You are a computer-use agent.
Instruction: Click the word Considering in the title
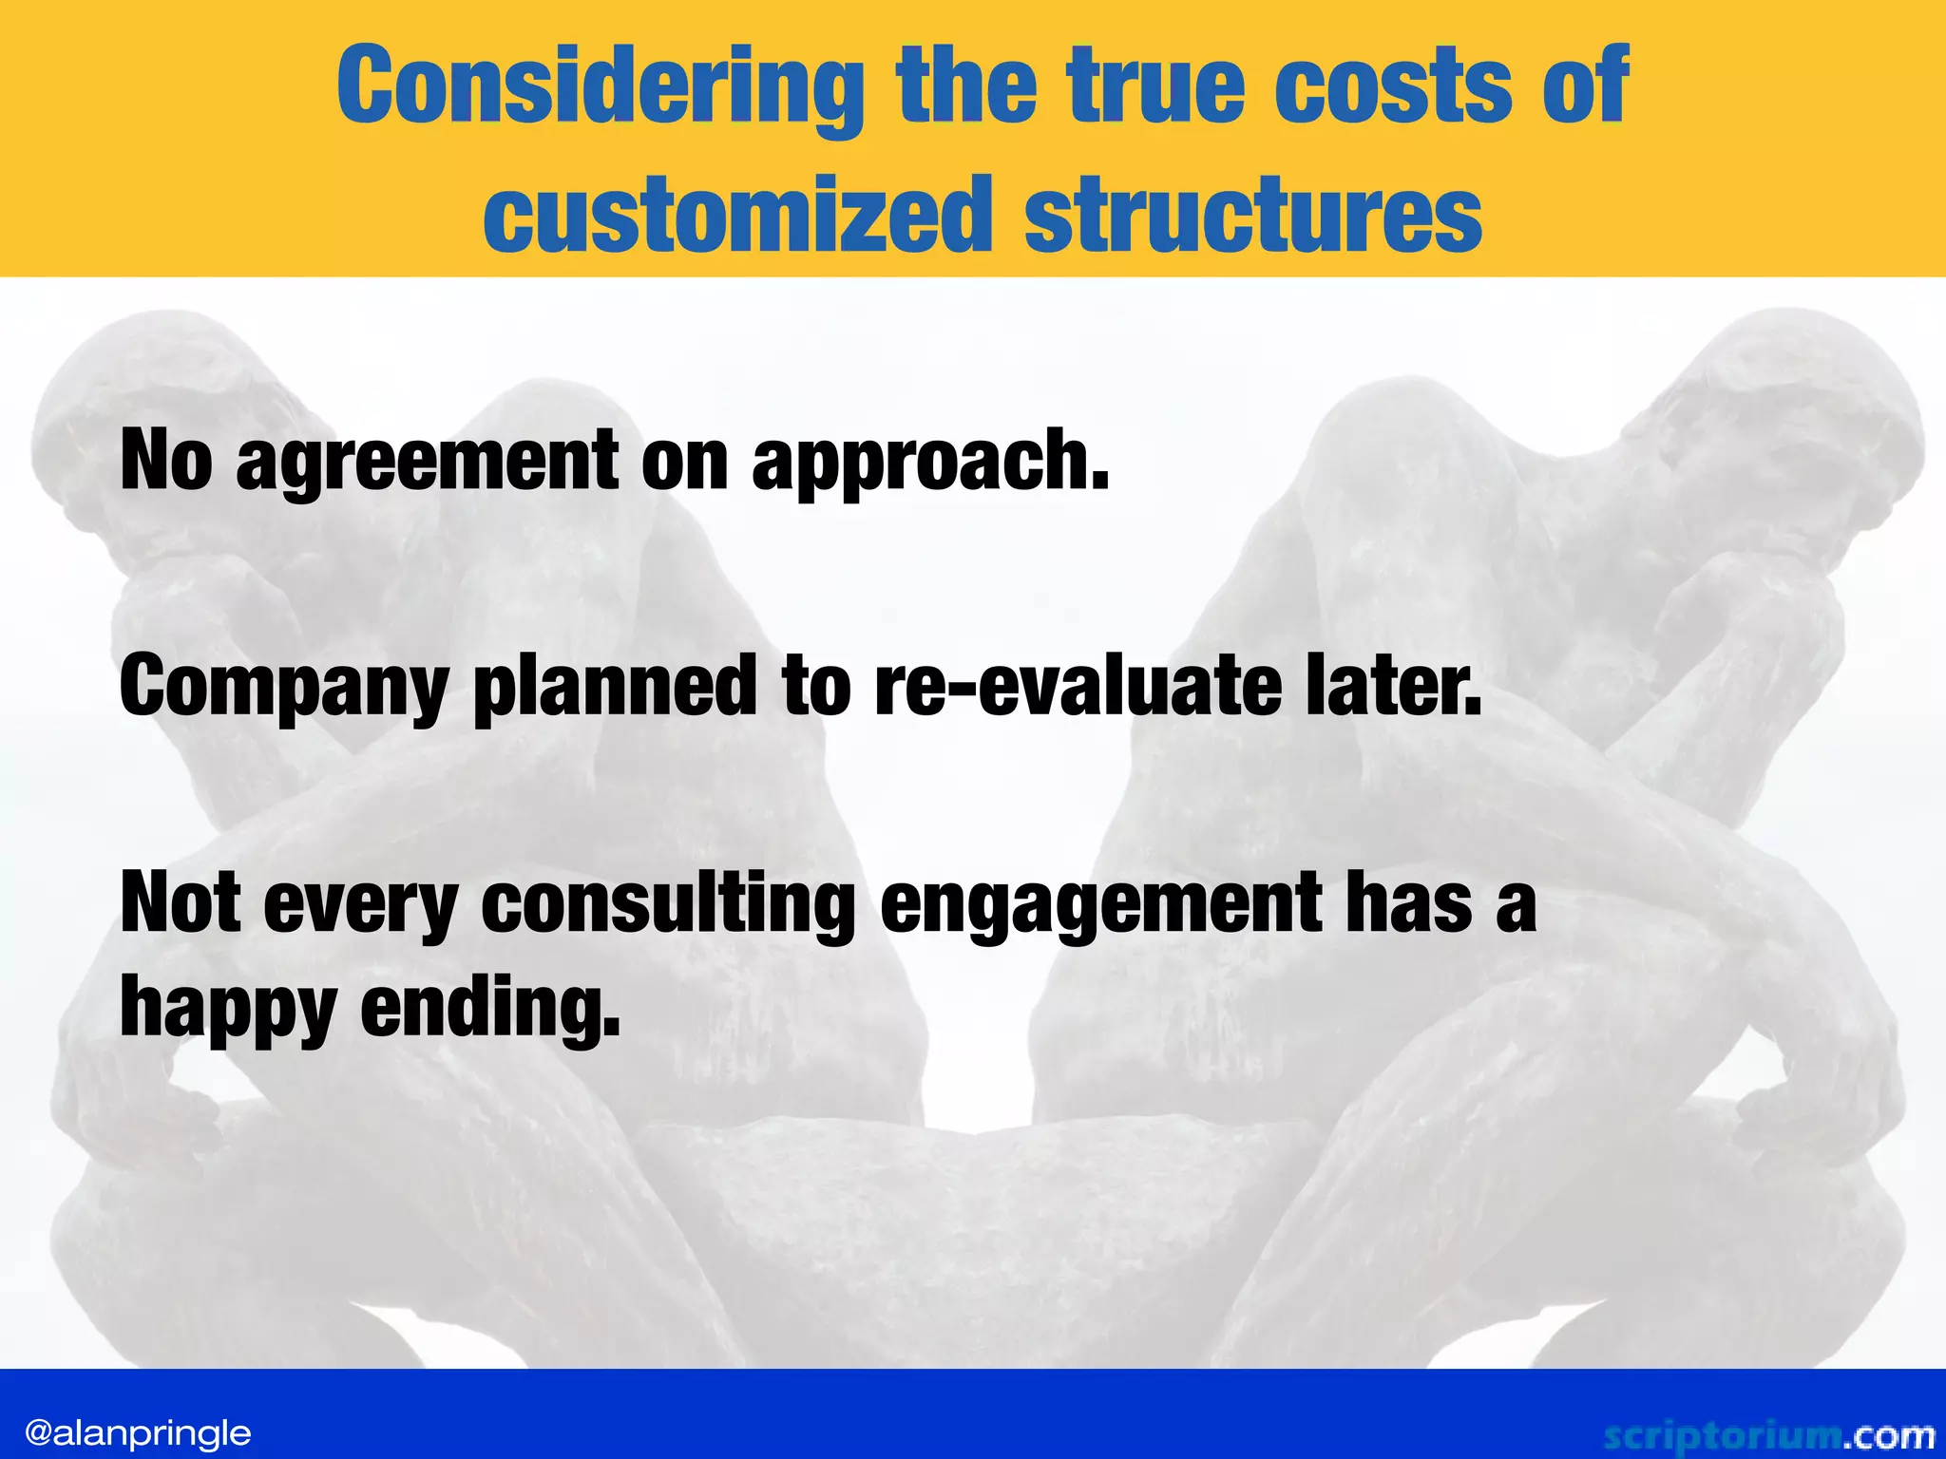[600, 88]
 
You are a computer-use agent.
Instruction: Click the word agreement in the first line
[427, 462]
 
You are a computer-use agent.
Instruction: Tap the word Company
[283, 688]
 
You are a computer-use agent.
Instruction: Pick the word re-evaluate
[1078, 686]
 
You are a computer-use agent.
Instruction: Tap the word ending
[490, 1009]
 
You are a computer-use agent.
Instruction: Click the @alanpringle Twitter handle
[139, 1432]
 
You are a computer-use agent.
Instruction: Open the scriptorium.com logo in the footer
[1768, 1435]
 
